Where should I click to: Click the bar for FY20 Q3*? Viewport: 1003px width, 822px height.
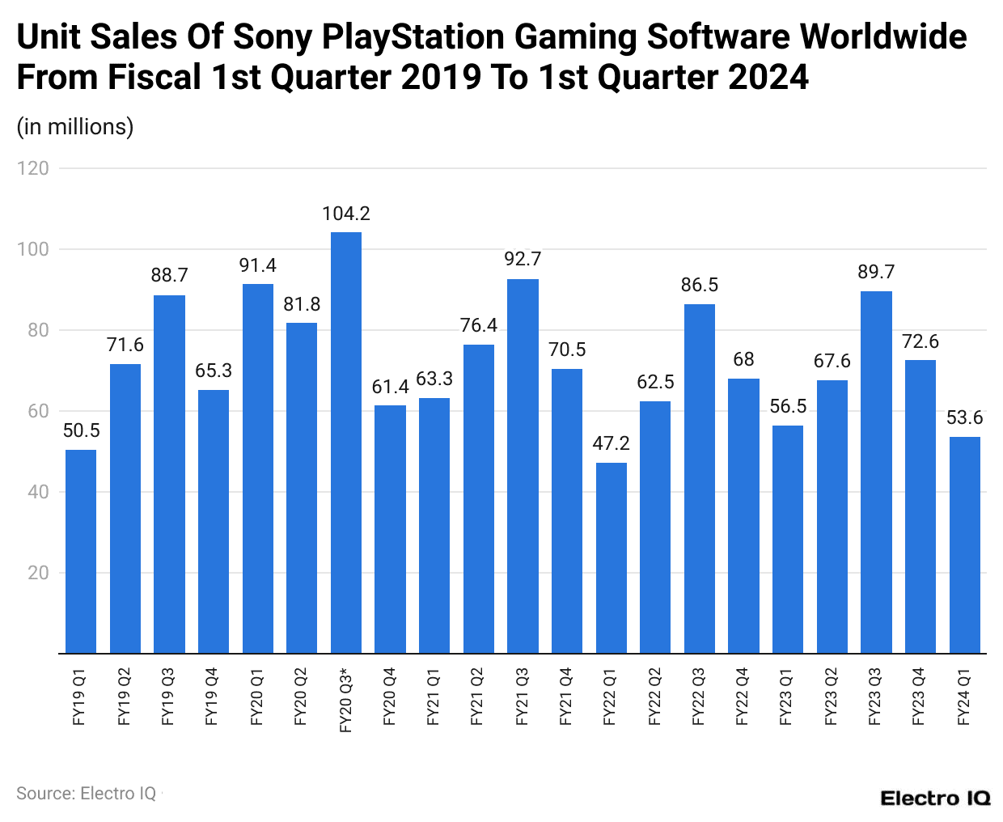coord(346,443)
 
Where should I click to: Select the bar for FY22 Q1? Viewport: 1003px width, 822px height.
coord(612,557)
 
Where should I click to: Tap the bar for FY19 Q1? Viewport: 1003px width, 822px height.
coord(81,551)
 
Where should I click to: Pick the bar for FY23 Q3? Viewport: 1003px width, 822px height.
coord(876,472)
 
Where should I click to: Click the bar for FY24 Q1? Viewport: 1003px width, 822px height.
coord(964,544)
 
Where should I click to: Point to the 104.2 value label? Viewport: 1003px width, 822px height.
coord(346,214)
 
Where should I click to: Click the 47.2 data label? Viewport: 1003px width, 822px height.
coord(612,443)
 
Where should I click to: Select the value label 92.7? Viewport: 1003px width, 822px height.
coord(523,259)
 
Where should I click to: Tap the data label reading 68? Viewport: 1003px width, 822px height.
coord(743,359)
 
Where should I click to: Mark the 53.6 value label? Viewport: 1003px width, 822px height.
coord(964,417)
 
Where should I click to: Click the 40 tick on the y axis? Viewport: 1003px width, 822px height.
coord(38,492)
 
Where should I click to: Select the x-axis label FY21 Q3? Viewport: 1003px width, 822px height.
coord(523,697)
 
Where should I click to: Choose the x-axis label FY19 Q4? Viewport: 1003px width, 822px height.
coord(213,697)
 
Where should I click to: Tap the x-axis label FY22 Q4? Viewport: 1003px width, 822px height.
coord(743,697)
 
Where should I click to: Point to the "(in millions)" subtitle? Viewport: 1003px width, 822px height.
coord(75,127)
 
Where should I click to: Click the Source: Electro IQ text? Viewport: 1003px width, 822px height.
coord(87,794)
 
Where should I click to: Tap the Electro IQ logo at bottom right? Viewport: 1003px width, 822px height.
coord(935,799)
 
